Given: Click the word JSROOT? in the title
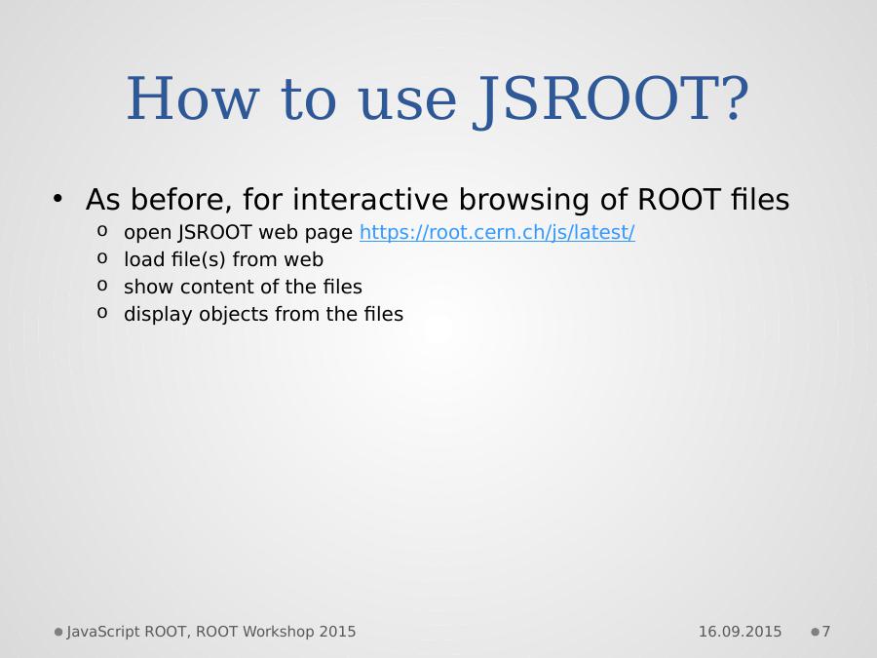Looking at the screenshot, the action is [611, 99].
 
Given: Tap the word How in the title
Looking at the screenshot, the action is [193, 98].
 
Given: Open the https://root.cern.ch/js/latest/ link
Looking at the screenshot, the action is [497, 232].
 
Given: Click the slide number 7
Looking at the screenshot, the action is [826, 632].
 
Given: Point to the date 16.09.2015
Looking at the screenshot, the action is [740, 632].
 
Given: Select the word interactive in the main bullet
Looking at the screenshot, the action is [370, 199].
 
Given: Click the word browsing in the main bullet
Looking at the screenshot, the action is [524, 200].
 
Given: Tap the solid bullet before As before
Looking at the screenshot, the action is [57, 199].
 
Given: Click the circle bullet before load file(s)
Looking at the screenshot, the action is [101, 258].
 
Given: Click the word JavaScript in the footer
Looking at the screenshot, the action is [103, 633].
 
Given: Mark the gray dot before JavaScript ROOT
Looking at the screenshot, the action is [58, 633].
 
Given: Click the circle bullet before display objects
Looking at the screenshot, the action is [101, 312].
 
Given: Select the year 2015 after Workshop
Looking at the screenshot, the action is [337, 632].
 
